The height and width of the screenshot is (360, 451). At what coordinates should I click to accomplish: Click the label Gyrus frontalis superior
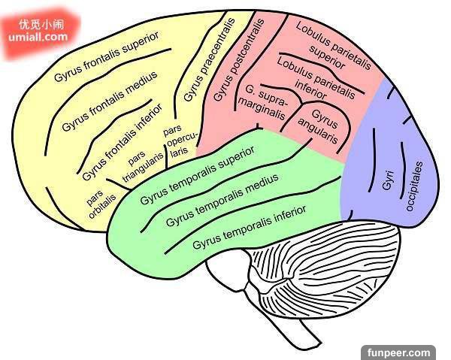(107, 58)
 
